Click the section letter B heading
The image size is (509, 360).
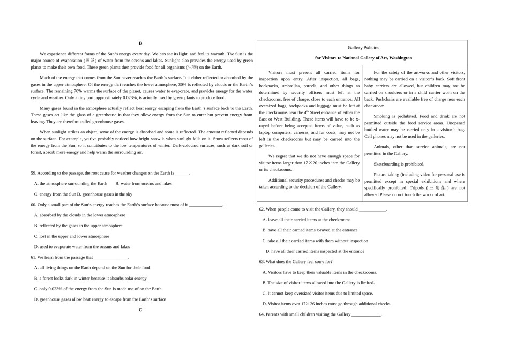pos(140,43)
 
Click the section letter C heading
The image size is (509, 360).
pos(140,310)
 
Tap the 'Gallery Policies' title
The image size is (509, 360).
pos(363,48)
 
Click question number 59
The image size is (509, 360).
pos(33,173)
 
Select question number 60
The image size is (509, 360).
pos(33,205)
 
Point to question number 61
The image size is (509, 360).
pos(33,257)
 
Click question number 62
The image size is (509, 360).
pos(261,209)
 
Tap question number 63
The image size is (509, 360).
pos(261,261)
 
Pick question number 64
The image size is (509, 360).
pos(261,314)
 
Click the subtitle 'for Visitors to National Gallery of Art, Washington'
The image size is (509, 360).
pos(363,58)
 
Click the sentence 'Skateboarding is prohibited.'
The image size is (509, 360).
pos(399,164)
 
